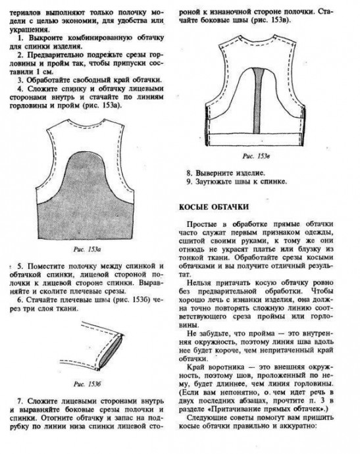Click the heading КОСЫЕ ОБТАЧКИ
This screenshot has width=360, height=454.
[214, 207]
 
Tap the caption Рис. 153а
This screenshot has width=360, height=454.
[87, 249]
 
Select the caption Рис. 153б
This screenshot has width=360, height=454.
[87, 384]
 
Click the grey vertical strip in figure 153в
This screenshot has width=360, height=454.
[257, 101]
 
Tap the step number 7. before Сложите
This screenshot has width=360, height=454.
[20, 401]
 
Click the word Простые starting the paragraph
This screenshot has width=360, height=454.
[201, 224]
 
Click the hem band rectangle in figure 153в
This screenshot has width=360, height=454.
[256, 139]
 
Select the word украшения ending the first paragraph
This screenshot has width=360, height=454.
[28, 30]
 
